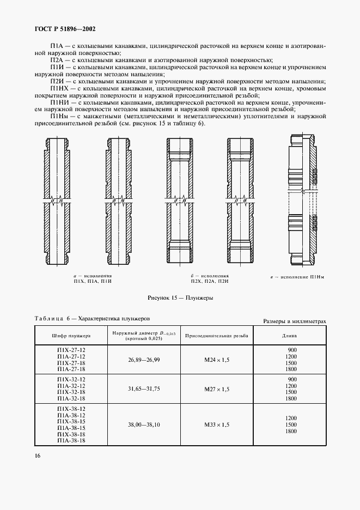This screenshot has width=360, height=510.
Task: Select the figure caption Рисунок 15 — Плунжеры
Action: pyautogui.click(x=180, y=299)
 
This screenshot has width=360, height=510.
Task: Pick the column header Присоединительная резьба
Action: pyautogui.click(x=217, y=335)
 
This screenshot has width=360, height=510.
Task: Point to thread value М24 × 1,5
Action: pyautogui.click(x=217, y=360)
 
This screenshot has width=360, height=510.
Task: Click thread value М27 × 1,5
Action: pyautogui.click(x=217, y=389)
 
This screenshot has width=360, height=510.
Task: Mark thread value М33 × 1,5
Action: pyautogui.click(x=217, y=425)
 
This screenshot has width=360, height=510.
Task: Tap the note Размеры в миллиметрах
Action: pyautogui.click(x=294, y=321)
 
